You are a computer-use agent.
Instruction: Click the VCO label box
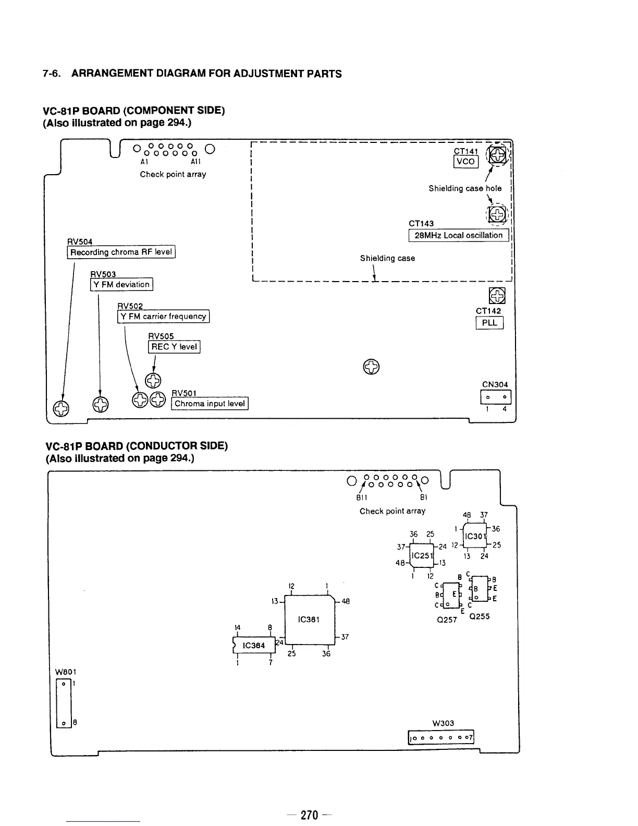(465, 161)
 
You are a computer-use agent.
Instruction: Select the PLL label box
(489, 323)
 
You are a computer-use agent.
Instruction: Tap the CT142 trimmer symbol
(497, 295)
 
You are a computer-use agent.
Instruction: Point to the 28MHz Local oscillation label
(459, 235)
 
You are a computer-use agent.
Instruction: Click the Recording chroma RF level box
(121, 252)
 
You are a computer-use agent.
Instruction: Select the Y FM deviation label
(121, 284)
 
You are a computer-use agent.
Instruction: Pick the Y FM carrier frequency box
(163, 316)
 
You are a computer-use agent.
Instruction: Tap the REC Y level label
(174, 346)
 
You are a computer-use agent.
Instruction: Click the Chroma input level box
(210, 404)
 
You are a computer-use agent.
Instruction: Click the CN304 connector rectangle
(496, 398)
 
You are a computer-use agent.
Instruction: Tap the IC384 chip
(254, 645)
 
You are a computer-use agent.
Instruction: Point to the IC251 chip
(422, 555)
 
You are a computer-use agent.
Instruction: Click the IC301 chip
(475, 536)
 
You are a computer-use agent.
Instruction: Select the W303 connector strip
(441, 738)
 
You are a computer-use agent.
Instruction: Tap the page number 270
(309, 815)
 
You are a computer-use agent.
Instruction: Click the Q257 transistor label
(447, 620)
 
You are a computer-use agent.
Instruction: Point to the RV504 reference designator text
(80, 241)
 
